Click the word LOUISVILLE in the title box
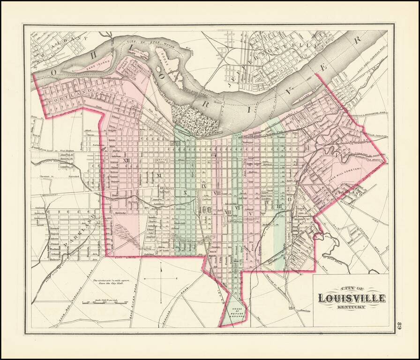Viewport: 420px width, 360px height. [352, 298]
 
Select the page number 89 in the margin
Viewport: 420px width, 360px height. [400, 325]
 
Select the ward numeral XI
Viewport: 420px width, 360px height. [158, 175]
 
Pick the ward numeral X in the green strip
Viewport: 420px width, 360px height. [185, 193]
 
